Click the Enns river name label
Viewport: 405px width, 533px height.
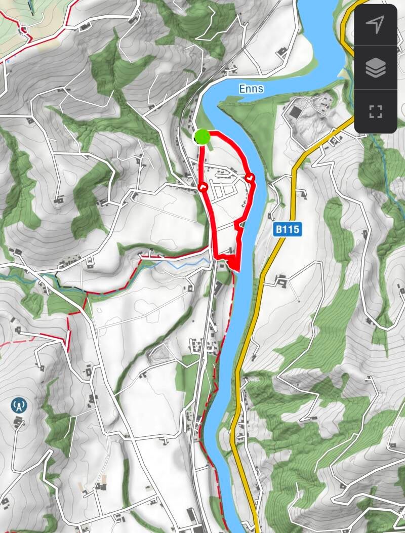pyautogui.click(x=251, y=89)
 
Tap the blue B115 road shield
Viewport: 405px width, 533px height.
pyautogui.click(x=288, y=229)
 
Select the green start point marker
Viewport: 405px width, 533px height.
pyautogui.click(x=202, y=136)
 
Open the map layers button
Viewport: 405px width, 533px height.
pyautogui.click(x=375, y=68)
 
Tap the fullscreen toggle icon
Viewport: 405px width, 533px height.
pyautogui.click(x=375, y=111)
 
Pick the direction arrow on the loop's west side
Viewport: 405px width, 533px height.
pyautogui.click(x=203, y=187)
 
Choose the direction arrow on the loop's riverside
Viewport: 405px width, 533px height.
pyautogui.click(x=249, y=178)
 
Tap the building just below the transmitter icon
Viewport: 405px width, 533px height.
pyautogui.click(x=19, y=421)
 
